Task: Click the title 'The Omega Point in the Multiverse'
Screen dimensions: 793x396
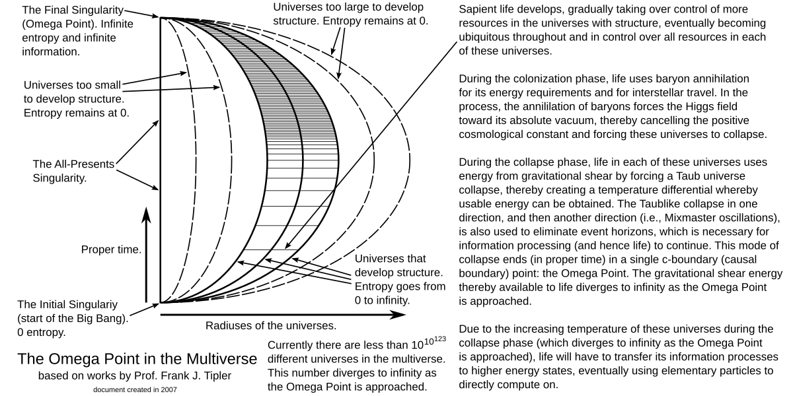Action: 137,359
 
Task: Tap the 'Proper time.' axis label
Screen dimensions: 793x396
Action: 111,249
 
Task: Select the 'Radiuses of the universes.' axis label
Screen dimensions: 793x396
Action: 271,325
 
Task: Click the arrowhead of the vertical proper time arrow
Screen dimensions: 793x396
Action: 146,215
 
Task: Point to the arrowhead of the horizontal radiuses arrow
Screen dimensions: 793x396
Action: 398,314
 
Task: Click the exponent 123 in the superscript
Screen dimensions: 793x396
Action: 439,339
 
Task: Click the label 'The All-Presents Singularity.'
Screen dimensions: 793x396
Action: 73,171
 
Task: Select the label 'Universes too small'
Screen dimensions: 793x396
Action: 72,85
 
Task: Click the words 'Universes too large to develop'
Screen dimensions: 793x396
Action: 348,7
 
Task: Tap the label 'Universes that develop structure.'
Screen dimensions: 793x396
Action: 399,265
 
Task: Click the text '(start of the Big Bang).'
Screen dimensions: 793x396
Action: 73,319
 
